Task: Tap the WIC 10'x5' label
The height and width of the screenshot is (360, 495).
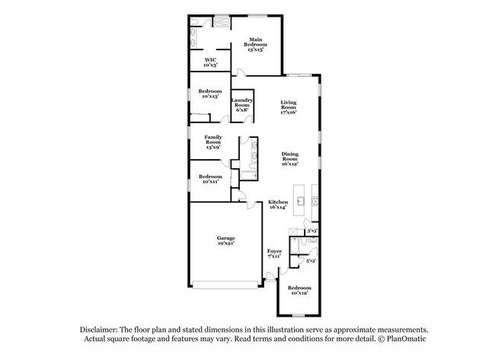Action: pos(211,62)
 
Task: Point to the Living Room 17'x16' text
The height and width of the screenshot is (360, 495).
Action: pos(287,107)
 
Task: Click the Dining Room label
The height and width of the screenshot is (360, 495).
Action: pos(289,158)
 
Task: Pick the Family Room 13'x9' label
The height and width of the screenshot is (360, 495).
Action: pos(212,140)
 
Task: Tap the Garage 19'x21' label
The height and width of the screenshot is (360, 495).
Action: pos(225,241)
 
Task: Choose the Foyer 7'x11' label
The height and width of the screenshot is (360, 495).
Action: pos(274,253)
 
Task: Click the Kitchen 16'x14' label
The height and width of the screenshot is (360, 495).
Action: pos(277,205)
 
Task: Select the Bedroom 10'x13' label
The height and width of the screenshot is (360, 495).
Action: pos(209,94)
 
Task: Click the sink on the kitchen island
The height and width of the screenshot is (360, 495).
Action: pos(302,202)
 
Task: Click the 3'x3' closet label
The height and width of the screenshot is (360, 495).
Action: pos(311,231)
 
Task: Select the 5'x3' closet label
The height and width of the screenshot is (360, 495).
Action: pos(310,261)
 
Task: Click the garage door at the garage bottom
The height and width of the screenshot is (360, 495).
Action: pos(225,286)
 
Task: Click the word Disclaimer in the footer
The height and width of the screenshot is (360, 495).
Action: pos(101,328)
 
